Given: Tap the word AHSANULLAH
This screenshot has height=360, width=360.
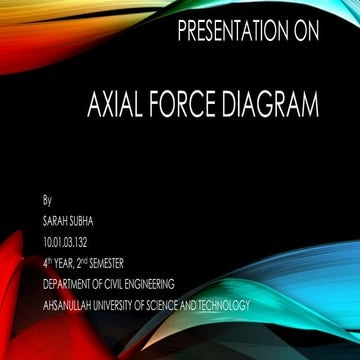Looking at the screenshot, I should [68, 304].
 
